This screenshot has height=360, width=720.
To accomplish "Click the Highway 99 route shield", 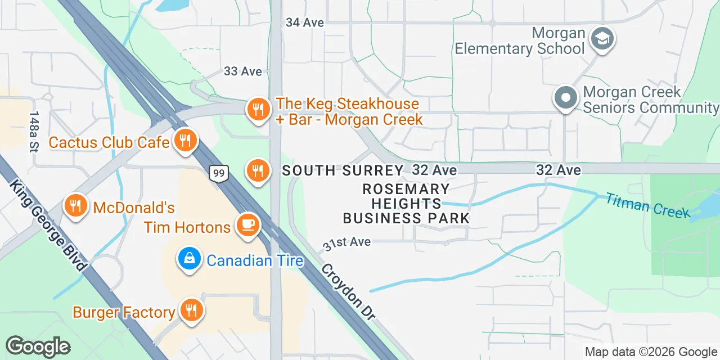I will click(219, 174).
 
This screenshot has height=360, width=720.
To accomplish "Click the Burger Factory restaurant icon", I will click(191, 310).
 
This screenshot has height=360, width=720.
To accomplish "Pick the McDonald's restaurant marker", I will click(75, 205).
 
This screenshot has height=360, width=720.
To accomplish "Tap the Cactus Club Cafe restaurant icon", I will click(184, 140).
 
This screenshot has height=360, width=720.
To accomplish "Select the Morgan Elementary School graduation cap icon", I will click(602, 39).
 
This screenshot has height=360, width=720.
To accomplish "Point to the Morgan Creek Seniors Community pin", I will click(566, 98).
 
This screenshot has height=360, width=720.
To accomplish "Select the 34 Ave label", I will click(305, 22).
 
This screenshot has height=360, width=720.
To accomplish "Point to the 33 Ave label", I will click(243, 71).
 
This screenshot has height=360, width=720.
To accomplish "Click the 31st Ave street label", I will click(346, 243).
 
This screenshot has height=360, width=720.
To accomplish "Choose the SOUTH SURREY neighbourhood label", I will click(343, 170).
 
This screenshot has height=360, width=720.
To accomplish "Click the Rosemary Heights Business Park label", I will click(406, 204).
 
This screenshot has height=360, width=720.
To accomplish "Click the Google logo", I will click(38, 346).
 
